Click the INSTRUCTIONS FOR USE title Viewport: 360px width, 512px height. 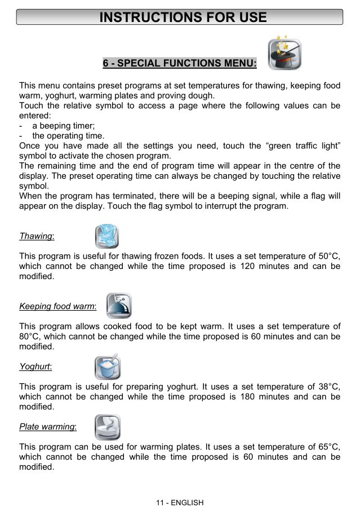coord(183,17)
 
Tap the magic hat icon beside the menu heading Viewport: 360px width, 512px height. coord(285,55)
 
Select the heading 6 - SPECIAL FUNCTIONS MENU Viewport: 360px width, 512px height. coord(180,63)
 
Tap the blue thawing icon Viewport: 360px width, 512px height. coord(107,236)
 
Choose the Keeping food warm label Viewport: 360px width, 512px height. coord(57,306)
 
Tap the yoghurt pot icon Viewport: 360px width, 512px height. coord(107,367)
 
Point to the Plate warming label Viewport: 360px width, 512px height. coord(48,426)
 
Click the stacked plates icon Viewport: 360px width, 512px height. coord(107,427)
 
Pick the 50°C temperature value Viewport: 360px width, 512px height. coord(328,255)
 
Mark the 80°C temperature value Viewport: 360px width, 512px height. coord(30,337)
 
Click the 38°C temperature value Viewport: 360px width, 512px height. coord(328,386)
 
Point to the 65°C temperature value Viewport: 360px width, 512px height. coord(328,447)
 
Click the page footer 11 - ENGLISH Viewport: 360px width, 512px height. coord(180,502)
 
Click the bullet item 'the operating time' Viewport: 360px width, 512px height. coord(68,136)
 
